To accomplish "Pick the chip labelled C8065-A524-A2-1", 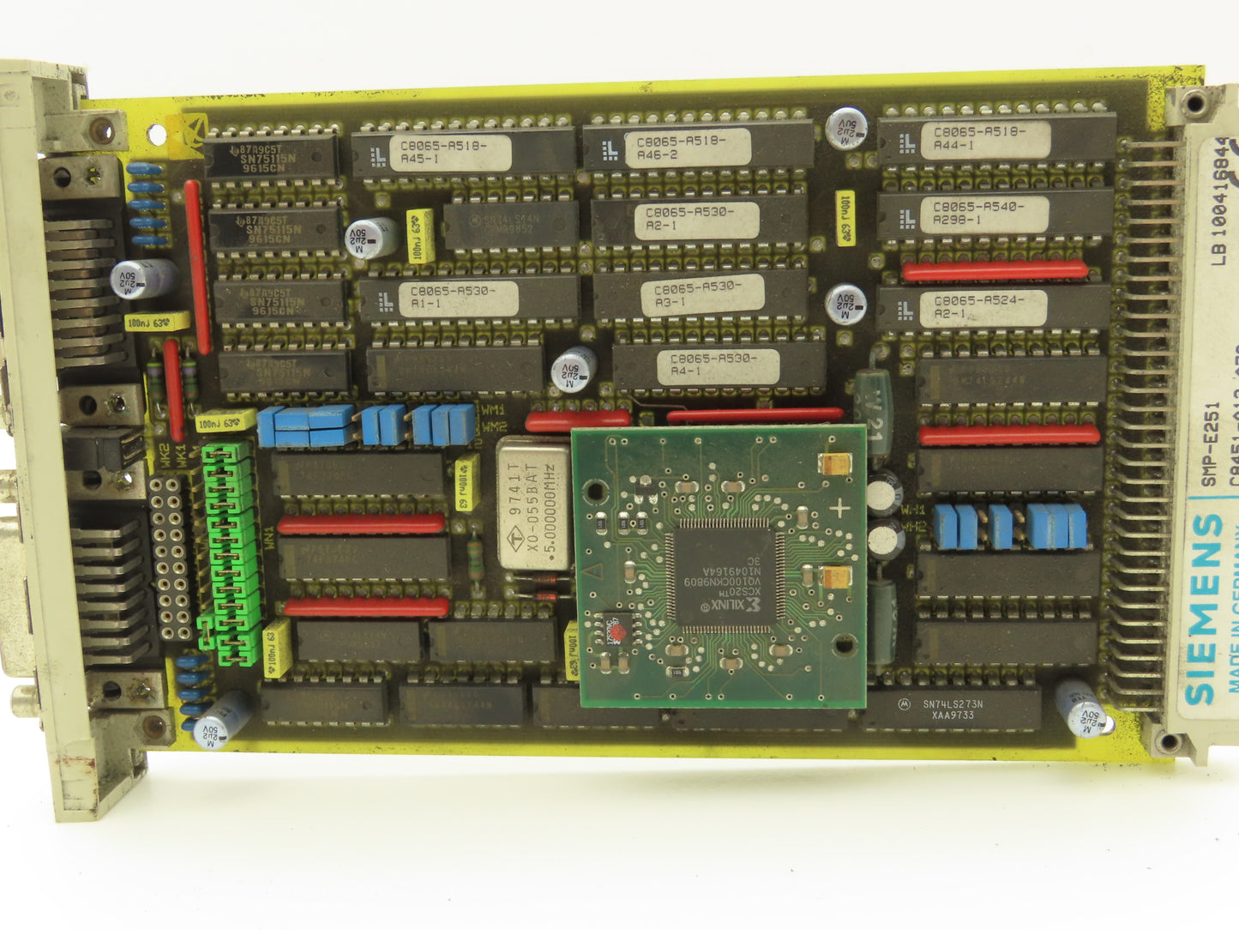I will coord(978,307).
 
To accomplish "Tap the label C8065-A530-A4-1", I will coord(714,365).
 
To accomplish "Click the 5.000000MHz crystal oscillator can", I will coord(533,504).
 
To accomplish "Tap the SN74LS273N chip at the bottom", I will coord(953,709).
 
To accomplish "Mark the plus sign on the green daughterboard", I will coord(839,507).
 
